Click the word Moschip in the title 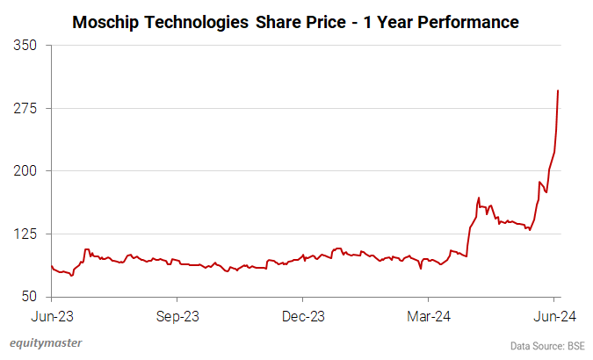105,20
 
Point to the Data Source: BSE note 548,345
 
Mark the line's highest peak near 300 559,90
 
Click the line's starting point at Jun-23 52,265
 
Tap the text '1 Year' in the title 386,20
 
